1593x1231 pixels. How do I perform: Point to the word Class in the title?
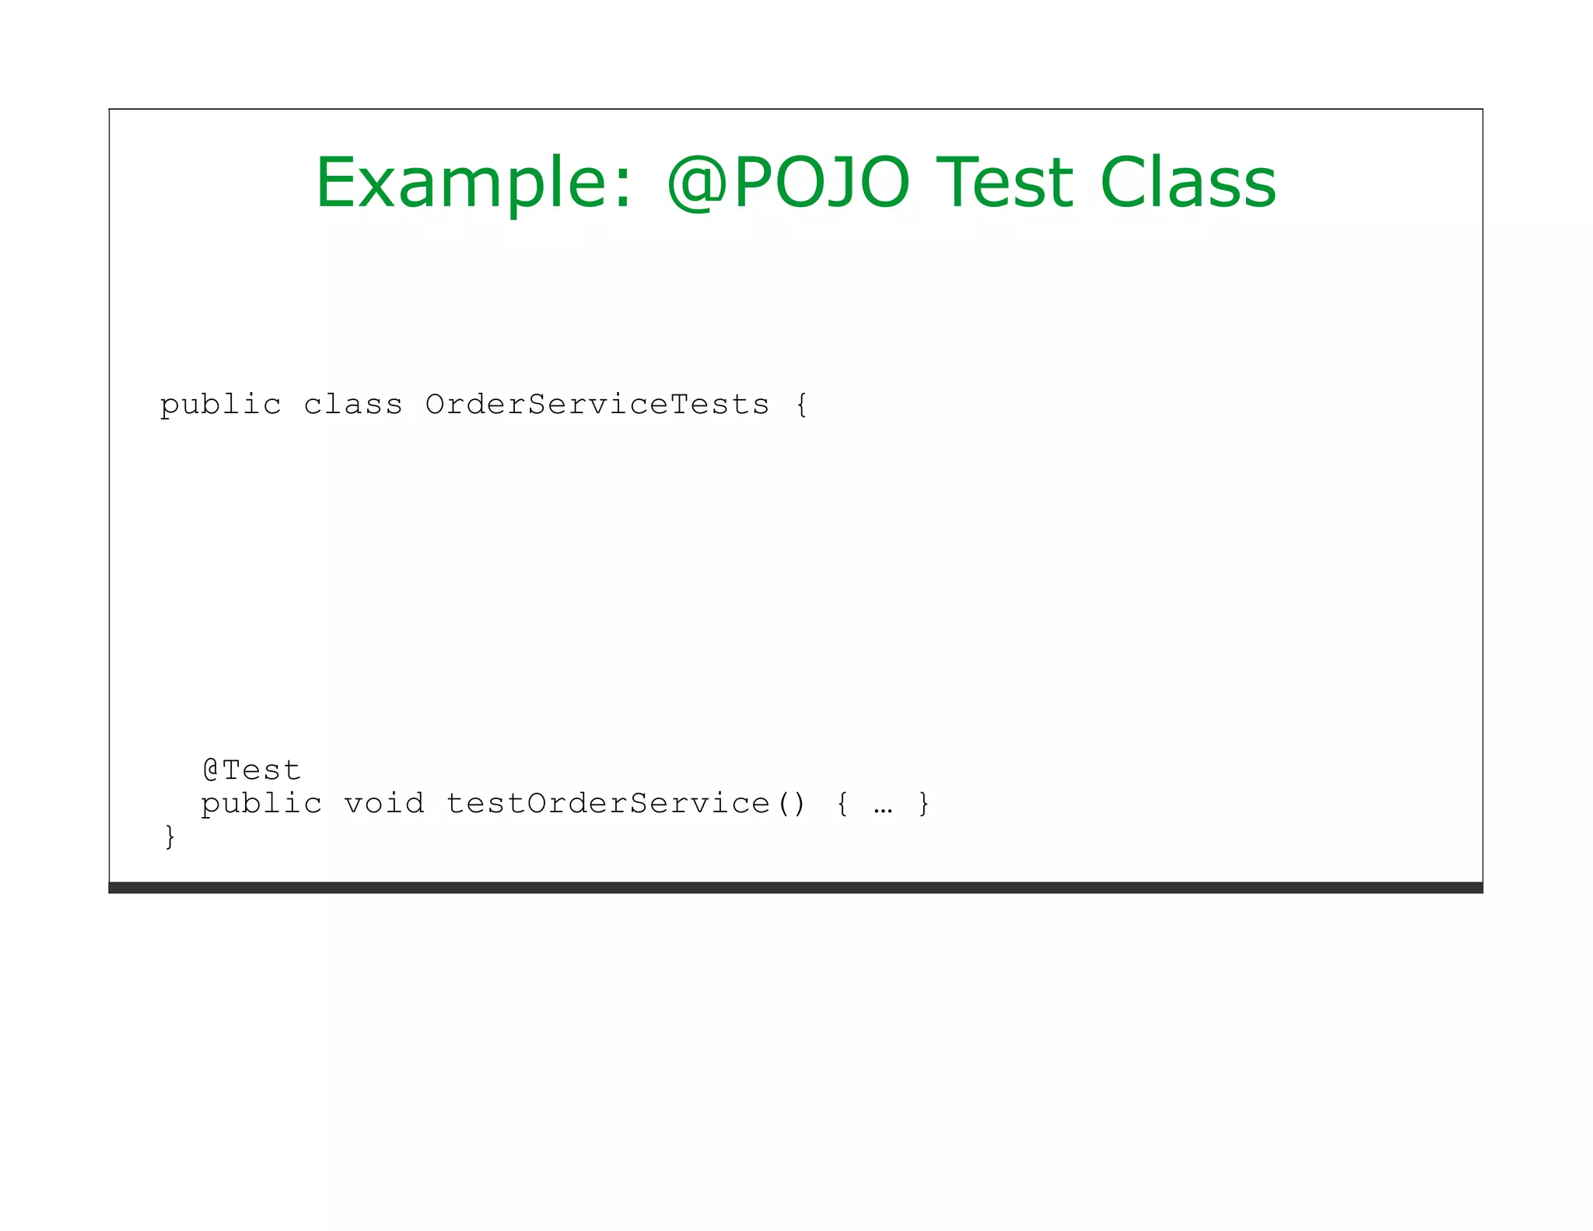[x=1188, y=184]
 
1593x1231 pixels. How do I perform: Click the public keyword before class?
[x=220, y=405]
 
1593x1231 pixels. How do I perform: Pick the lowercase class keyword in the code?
[x=353, y=405]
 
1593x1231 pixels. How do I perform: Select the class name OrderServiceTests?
[x=597, y=405]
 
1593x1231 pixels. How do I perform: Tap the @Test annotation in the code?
[x=251, y=770]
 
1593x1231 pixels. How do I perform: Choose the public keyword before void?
[x=261, y=804]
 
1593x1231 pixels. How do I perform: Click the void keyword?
[x=384, y=804]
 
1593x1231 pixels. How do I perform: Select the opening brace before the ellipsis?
[x=842, y=804]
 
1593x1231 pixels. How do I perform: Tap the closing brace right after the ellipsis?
[x=924, y=804]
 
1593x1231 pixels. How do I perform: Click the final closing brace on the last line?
[x=170, y=837]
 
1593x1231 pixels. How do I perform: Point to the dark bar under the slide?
[x=795, y=888]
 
